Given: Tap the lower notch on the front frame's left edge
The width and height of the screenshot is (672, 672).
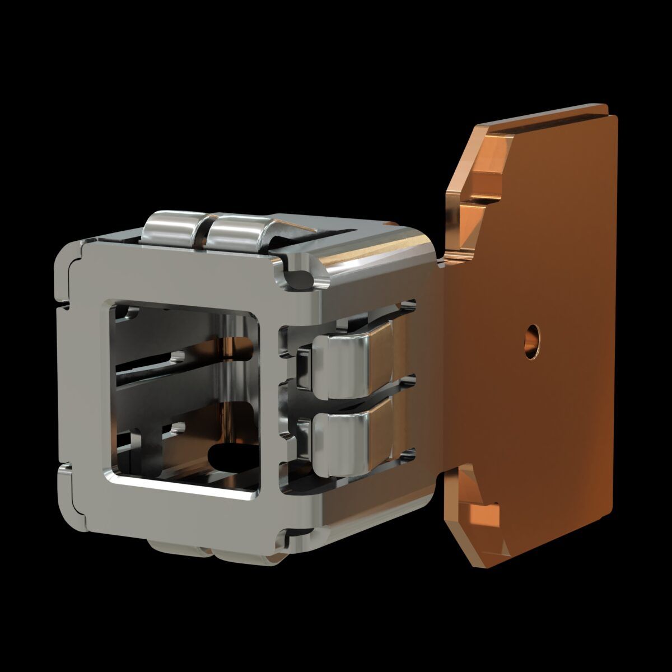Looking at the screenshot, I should point(63,465).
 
